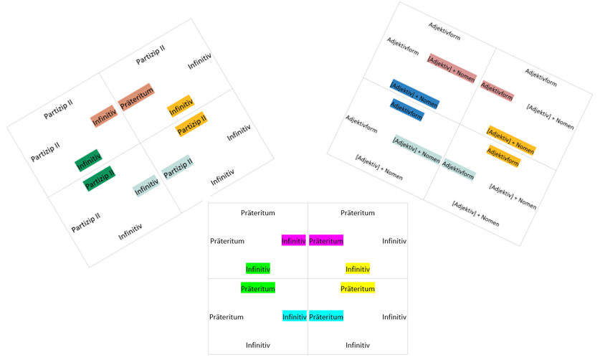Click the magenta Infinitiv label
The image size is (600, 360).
click(x=293, y=240)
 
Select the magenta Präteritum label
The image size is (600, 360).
click(x=326, y=240)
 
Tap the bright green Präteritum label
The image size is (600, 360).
click(x=258, y=288)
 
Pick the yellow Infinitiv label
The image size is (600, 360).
click(x=358, y=269)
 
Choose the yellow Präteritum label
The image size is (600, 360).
click(x=358, y=288)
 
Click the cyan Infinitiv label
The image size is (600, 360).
click(x=295, y=316)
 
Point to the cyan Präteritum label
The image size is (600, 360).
click(x=326, y=316)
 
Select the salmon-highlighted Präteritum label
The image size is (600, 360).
click(x=136, y=98)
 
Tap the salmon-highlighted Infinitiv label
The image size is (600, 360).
click(x=104, y=116)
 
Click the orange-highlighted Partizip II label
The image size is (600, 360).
click(x=191, y=124)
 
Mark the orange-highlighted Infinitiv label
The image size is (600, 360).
click(x=181, y=105)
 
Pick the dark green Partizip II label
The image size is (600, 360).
click(x=99, y=179)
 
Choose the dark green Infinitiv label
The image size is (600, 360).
click(x=88, y=160)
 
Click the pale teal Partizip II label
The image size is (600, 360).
click(x=178, y=167)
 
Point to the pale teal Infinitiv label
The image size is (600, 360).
click(x=146, y=186)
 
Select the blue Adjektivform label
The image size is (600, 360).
click(x=406, y=110)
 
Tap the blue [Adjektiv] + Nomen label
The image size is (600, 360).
click(x=414, y=94)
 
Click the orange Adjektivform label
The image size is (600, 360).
click(x=503, y=156)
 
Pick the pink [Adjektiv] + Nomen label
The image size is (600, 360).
click(x=452, y=68)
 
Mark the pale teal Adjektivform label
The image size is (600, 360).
click(x=458, y=169)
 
